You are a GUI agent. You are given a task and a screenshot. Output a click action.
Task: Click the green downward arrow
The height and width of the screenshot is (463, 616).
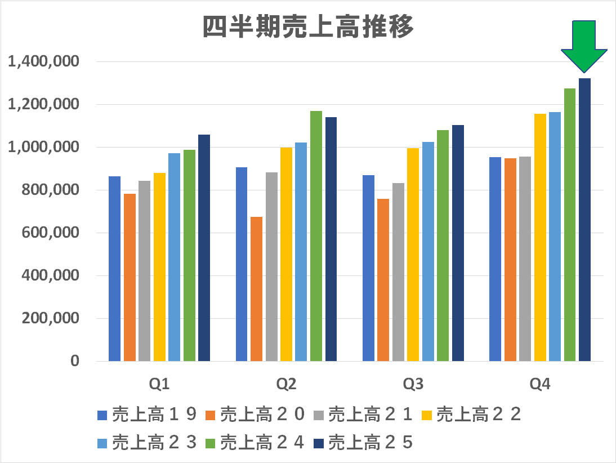[x=584, y=45]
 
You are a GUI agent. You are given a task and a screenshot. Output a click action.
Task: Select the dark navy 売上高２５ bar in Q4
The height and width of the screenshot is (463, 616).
[x=584, y=220]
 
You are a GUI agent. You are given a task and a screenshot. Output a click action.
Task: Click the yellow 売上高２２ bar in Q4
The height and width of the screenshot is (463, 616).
[x=540, y=237]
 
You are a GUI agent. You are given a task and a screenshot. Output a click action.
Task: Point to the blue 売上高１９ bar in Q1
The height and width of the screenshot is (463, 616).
[x=114, y=268]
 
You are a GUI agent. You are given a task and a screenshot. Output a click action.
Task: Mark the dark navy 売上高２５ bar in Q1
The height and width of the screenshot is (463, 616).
[x=204, y=248]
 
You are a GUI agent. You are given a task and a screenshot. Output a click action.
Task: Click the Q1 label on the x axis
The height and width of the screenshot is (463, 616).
[x=159, y=385]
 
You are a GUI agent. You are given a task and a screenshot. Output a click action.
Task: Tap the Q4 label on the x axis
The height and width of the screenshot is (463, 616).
[x=540, y=385]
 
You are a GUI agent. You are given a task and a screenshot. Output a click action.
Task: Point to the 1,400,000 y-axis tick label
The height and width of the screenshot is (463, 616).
[x=43, y=61]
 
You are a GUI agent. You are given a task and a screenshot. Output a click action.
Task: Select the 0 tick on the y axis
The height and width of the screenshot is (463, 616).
[x=75, y=361]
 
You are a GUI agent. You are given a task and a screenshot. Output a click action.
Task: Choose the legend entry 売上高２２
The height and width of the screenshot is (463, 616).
[x=478, y=415]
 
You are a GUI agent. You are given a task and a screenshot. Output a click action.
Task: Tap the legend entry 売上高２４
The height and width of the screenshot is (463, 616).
[x=262, y=443]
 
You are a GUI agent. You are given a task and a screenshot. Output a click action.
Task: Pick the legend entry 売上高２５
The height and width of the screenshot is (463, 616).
[x=371, y=443]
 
